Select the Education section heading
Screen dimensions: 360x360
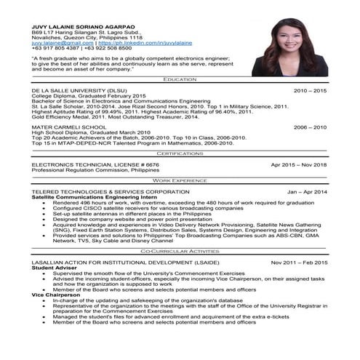[x=180, y=79]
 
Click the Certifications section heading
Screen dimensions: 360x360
[x=180, y=154]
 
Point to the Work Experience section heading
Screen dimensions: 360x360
[x=180, y=179]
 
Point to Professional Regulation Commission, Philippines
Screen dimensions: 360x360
[x=94, y=171]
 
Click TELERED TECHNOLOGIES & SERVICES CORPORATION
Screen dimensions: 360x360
[x=106, y=191]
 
